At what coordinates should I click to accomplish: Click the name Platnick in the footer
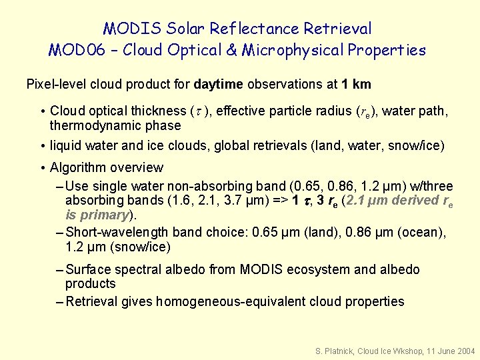336,350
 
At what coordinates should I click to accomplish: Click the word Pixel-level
55,85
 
